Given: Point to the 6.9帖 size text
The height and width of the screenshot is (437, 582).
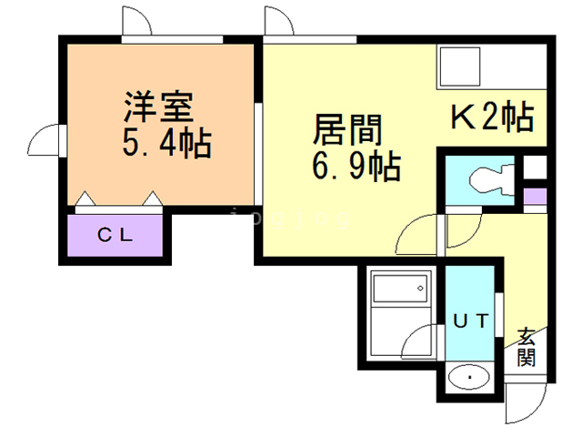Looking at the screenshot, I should tap(356, 167).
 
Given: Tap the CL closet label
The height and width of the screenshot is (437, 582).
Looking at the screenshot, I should tap(115, 234).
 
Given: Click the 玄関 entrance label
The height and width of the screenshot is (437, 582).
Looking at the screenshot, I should tap(527, 345).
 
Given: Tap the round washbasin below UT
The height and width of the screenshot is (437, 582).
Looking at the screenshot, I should tap(470, 376).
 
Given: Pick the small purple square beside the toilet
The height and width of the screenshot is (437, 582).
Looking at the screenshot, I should tap(535, 194).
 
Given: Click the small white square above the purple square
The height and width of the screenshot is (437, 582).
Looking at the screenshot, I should tap(535, 168).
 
